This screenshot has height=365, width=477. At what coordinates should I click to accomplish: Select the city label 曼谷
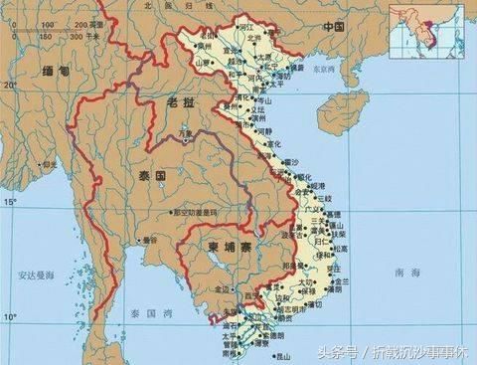pos(150,239)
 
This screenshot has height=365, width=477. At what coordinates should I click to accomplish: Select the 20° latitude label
pos(9,86)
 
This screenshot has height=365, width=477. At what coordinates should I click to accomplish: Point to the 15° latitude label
pos(9,201)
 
